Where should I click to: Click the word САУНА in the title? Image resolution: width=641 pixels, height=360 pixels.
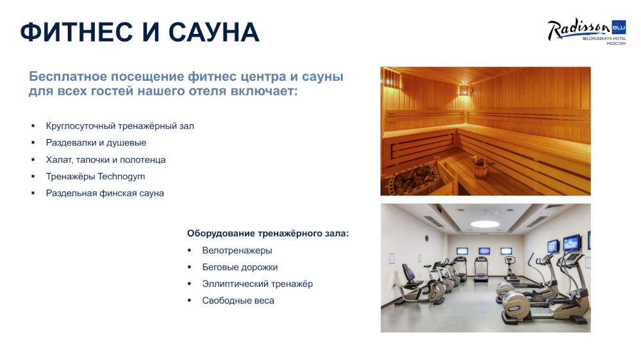pos(214,32)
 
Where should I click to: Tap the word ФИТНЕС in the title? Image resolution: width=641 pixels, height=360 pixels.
pos(76,32)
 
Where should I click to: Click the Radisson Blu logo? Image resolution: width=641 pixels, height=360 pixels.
pos(587,31)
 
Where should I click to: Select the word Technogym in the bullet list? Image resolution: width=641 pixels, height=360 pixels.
pos(121,177)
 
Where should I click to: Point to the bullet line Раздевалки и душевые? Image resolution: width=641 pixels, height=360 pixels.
pos(96,143)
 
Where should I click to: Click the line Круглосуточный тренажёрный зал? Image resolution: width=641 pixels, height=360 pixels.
pos(120,126)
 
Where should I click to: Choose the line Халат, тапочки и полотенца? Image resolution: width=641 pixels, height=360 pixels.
pos(106,160)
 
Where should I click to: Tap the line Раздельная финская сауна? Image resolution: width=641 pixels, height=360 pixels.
pos(104,193)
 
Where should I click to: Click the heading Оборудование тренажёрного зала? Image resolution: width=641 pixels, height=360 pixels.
pos(268,233)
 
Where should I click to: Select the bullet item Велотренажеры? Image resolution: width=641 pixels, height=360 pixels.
pos(237,250)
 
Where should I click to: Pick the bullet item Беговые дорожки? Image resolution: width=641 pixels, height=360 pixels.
pos(240,267)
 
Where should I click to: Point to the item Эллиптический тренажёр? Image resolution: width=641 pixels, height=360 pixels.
pos(258,284)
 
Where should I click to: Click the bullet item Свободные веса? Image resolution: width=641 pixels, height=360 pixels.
pos(238,301)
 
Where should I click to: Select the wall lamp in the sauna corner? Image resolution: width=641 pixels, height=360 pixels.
pos(463,90)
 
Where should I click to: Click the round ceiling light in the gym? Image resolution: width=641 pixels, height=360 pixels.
pos(485,224)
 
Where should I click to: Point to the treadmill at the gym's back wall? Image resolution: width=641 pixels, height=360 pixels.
pos(481,269)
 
